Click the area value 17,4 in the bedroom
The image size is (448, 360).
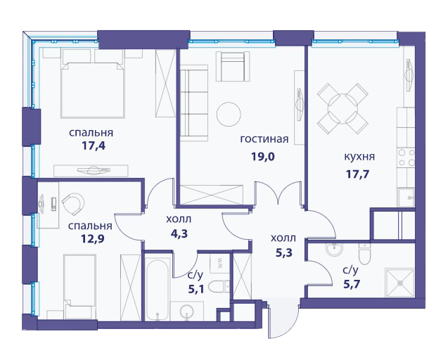pyautogui.click(x=94, y=146)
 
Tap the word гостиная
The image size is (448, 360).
pyautogui.click(x=264, y=139)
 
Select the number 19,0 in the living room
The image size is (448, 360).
pyautogui.click(x=263, y=157)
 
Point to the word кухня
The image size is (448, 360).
pyautogui.click(x=359, y=157)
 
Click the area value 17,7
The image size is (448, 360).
pyautogui.click(x=358, y=174)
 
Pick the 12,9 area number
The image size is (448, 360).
pyautogui.click(x=93, y=238)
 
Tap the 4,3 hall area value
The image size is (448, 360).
pyautogui.click(x=179, y=233)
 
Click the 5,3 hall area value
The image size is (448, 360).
pyautogui.click(x=284, y=252)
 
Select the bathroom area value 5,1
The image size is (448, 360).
pyautogui.click(x=196, y=290)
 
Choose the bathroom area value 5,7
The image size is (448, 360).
pyautogui.click(x=352, y=284)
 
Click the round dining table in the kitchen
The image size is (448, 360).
pyautogui.click(x=343, y=108)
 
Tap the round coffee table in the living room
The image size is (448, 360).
pyautogui.click(x=229, y=115)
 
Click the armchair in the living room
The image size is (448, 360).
pyautogui.click(x=233, y=66)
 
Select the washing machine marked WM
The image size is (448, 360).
pyautogui.click(x=219, y=263)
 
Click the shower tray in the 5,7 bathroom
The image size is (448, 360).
pyautogui.click(x=399, y=283)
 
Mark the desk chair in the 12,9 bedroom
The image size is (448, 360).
pyautogui.click(x=73, y=204)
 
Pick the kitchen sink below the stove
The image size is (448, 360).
pyautogui.click(x=406, y=197)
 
